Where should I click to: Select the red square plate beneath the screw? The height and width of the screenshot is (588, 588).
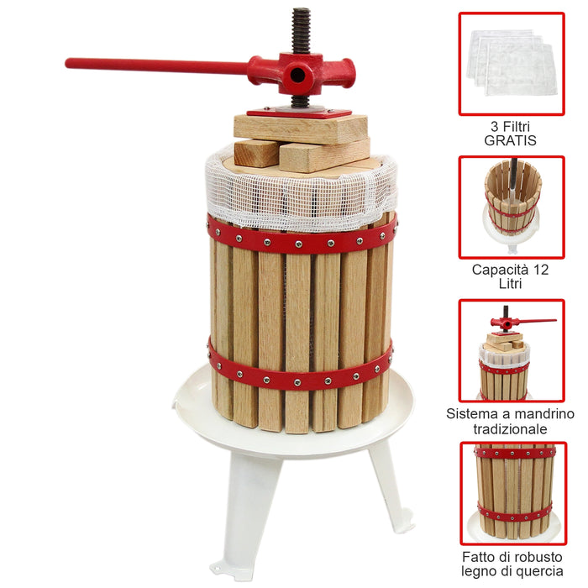pos(299,111)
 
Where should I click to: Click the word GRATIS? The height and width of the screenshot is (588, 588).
pos(511,140)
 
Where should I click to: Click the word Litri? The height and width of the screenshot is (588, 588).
pos(511,284)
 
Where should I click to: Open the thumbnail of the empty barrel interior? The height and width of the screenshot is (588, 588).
pos(511,207)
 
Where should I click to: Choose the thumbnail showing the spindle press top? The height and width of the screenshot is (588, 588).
pos(511,350)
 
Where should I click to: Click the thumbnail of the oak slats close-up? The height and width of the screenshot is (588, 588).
pos(511,494)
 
